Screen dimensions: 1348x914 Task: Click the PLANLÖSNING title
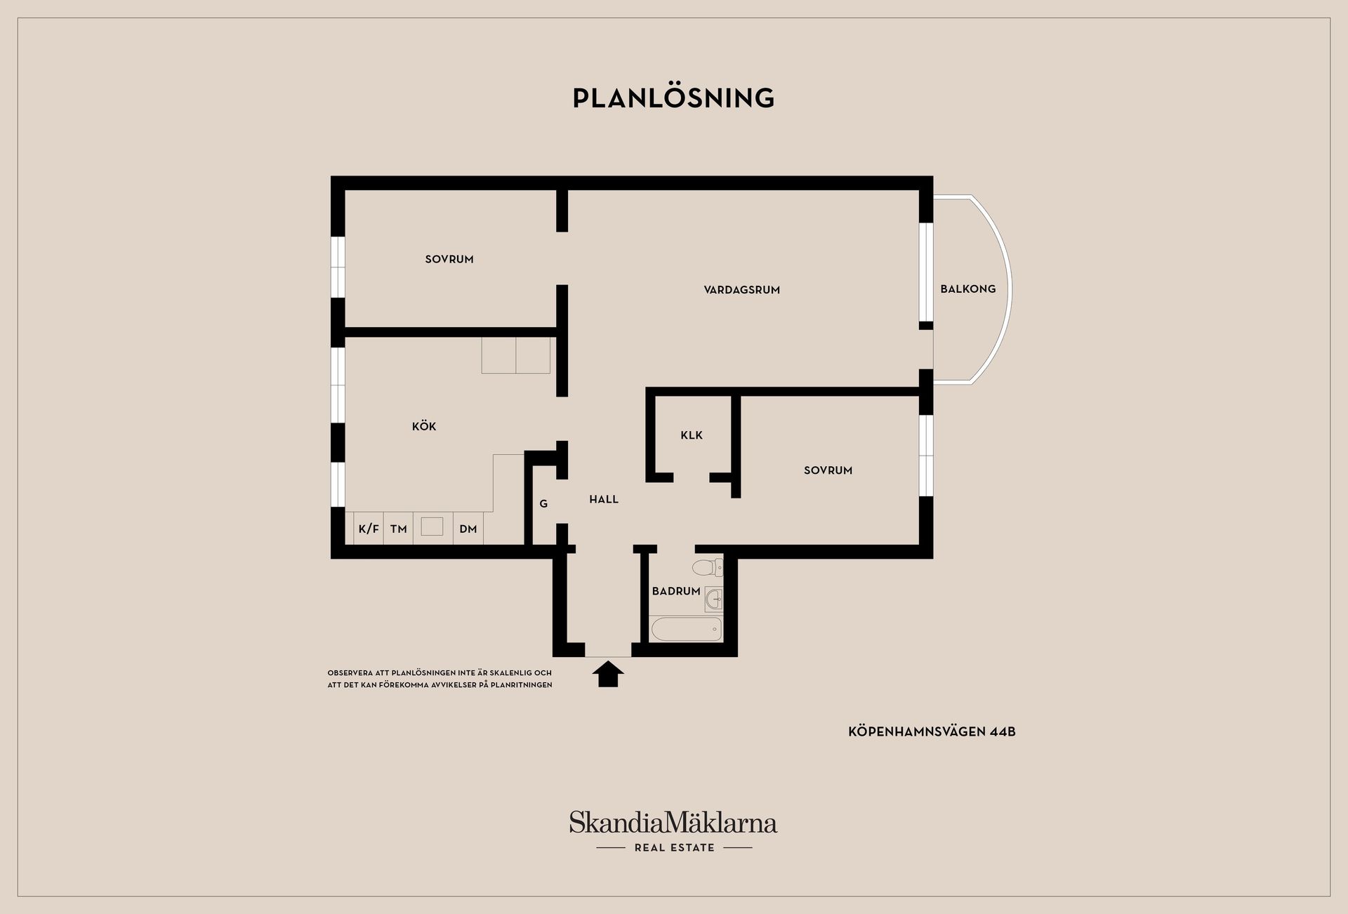[x=673, y=98]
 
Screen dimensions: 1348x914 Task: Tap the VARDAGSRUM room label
[x=741, y=290]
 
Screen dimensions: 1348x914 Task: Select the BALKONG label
[x=967, y=289]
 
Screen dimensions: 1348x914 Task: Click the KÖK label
[x=424, y=426]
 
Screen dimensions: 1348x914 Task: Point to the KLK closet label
[x=692, y=435]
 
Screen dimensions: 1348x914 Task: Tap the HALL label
[x=604, y=499]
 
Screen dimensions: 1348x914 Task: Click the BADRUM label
[x=676, y=591]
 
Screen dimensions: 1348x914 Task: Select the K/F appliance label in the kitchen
[x=369, y=529]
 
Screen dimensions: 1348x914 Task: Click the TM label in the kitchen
[x=399, y=529]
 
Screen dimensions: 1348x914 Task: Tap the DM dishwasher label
[x=468, y=529]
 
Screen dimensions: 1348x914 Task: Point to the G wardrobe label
[x=543, y=503]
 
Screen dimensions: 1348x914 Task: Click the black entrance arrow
[x=608, y=673]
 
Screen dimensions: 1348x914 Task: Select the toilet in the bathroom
[x=707, y=567]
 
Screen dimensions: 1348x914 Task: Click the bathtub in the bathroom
[x=687, y=629]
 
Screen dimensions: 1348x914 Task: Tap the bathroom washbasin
[x=714, y=599]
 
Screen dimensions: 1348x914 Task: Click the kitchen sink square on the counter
[x=432, y=526]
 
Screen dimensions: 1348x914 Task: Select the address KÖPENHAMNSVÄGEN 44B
[x=932, y=731]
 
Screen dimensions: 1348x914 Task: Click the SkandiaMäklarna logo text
[x=673, y=822]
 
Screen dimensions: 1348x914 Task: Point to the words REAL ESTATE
[x=674, y=848]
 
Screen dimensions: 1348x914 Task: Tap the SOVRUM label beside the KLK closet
[x=828, y=470]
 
